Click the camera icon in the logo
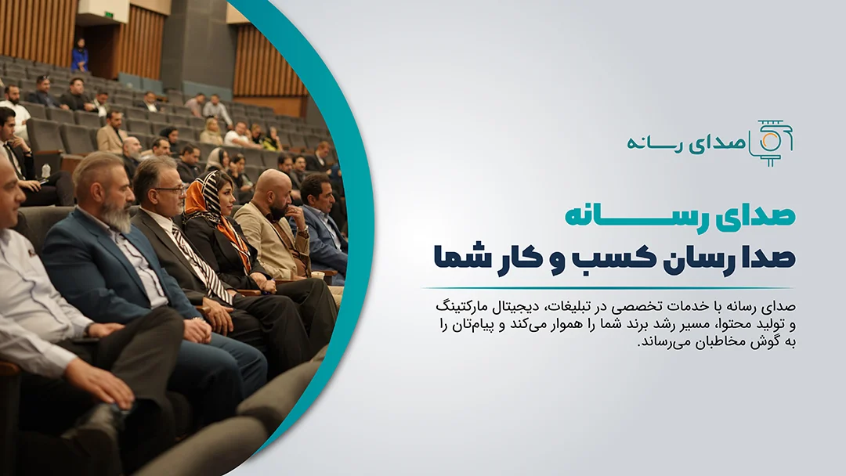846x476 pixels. pos(772,142)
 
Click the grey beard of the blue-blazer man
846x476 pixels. pos(118,214)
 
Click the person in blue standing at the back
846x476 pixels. pos(80,56)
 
